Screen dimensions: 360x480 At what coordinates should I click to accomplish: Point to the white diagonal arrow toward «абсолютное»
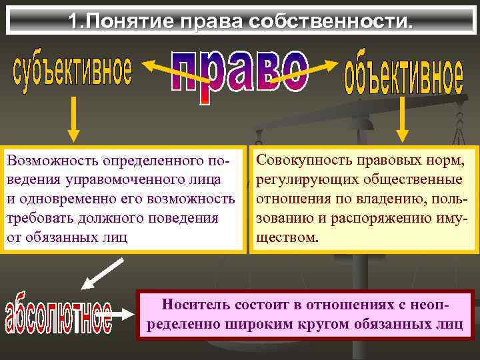click(102, 273)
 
